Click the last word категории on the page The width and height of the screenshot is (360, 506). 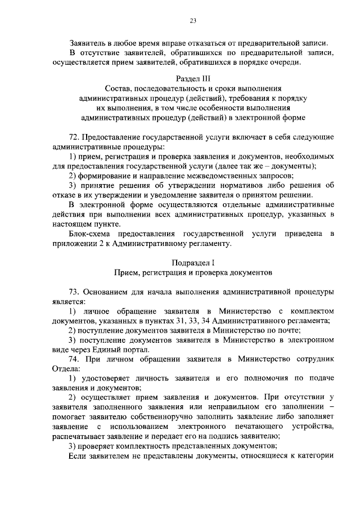316,455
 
